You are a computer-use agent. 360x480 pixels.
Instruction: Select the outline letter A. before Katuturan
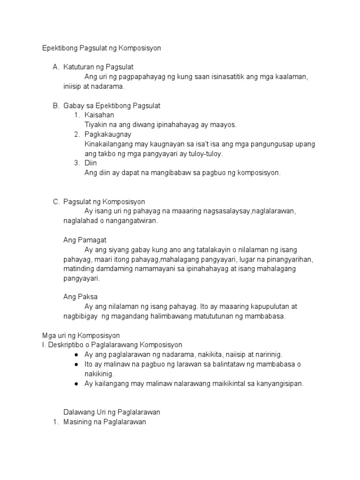coord(56,67)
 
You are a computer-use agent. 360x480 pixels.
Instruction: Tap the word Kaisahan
coord(99,115)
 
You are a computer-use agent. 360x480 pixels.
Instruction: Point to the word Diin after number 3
coord(90,163)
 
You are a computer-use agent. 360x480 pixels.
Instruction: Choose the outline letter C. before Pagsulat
coord(56,202)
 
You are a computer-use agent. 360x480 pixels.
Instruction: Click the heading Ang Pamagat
coord(85,240)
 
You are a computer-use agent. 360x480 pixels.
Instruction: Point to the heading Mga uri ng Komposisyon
coord(81,336)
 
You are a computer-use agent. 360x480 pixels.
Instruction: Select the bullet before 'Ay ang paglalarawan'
coord(76,355)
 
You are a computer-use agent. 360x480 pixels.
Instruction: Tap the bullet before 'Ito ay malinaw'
coord(76,364)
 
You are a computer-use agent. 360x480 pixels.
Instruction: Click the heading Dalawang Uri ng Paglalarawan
coord(112,412)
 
